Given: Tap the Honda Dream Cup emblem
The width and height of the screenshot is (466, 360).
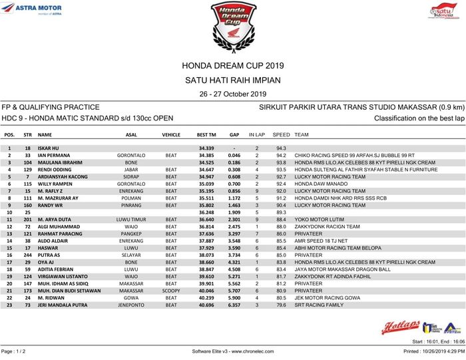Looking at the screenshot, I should (232, 24).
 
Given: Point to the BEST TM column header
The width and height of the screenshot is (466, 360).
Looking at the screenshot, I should (206, 134).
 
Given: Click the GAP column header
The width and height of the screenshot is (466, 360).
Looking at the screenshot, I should (234, 134).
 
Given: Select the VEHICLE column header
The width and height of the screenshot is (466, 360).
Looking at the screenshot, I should (171, 134).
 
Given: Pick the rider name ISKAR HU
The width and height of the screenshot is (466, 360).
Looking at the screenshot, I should (49, 148).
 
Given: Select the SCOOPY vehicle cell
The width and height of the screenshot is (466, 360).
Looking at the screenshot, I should (171, 291).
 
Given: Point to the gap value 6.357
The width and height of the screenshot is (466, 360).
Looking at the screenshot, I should (234, 305).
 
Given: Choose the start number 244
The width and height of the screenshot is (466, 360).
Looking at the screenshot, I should (28, 255).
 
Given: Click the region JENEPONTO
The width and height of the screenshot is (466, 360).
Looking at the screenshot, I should (131, 305).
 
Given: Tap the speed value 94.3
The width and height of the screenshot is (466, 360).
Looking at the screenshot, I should (281, 148).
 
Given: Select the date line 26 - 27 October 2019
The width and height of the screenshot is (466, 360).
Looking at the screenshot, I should (232, 94).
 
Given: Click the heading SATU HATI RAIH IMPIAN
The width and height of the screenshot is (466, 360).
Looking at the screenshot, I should (232, 80).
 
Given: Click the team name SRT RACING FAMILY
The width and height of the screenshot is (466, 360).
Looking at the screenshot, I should (319, 305).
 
